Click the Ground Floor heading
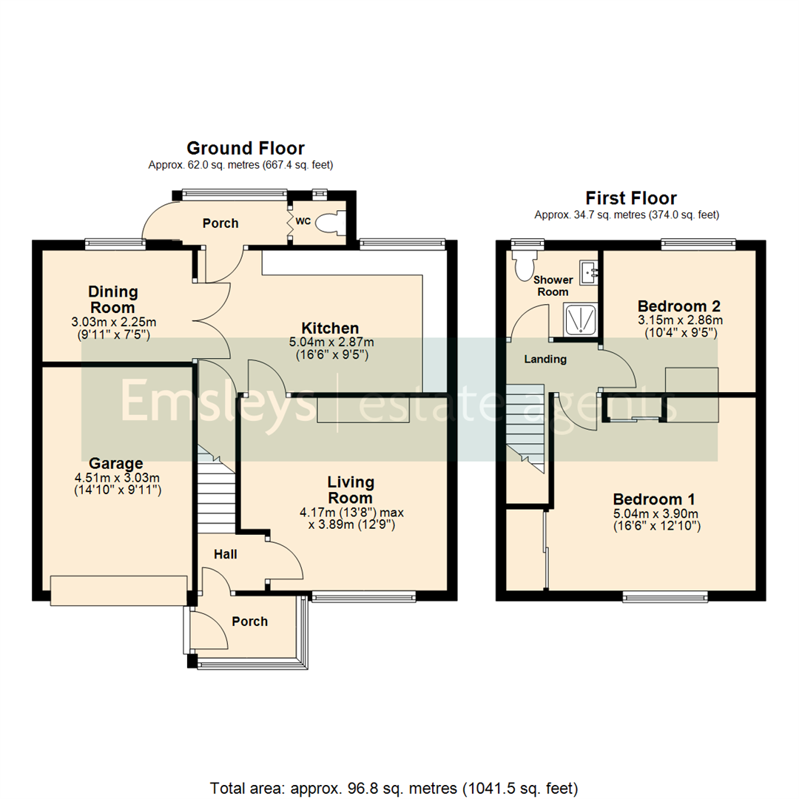(245, 149)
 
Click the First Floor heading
(630, 198)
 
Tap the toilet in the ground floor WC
(328, 222)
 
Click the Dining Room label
(113, 300)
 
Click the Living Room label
(351, 490)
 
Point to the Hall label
(225, 554)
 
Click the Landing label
(545, 360)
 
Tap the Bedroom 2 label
(679, 306)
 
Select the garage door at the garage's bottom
(119, 589)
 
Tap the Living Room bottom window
(363, 596)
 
